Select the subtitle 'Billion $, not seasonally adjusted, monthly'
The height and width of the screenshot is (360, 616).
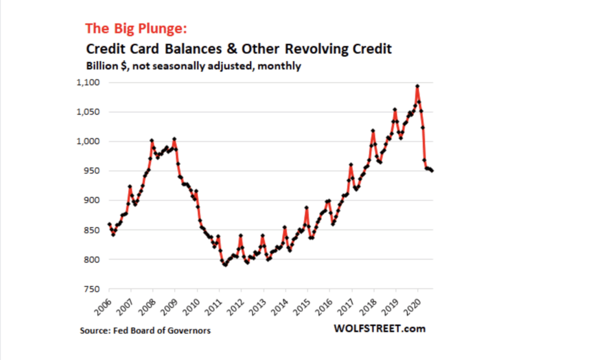193,66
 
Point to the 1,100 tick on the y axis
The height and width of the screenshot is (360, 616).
88,83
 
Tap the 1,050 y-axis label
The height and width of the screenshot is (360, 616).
88,112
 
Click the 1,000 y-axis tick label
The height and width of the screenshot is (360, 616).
88,142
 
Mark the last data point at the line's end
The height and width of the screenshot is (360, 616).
432,171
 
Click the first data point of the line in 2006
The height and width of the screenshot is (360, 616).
109,225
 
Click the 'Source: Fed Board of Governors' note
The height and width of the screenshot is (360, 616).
145,330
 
